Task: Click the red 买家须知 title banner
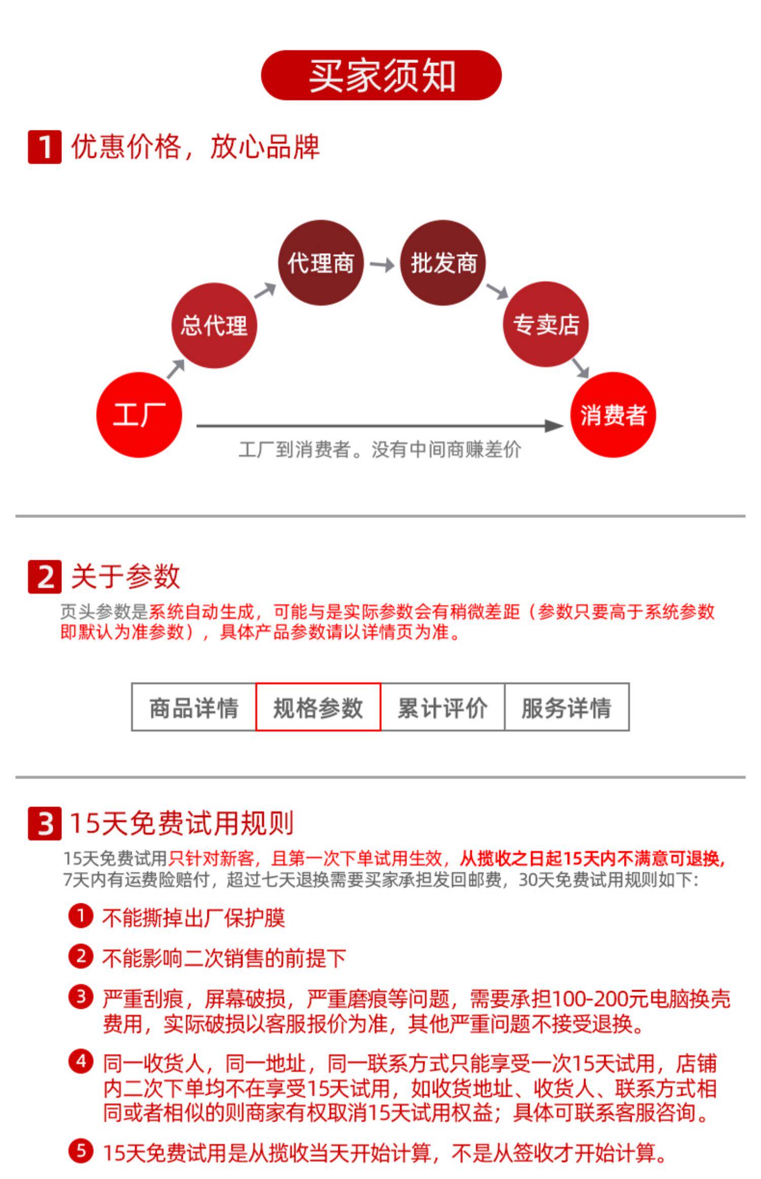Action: coord(381,75)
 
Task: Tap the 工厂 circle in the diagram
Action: coord(139,415)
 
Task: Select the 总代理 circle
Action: coord(214,325)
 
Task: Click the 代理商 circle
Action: coord(321,263)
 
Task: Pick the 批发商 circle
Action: coord(443,263)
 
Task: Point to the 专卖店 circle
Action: coord(546,324)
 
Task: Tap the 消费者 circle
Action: coord(613,415)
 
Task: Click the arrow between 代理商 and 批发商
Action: coord(382,265)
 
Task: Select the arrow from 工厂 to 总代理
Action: coord(176,369)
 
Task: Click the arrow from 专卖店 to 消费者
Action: coord(580,368)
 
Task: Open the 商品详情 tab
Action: coord(194,707)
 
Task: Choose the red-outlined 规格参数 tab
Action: coord(318,707)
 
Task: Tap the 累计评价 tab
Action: coord(442,707)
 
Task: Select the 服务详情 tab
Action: coord(567,707)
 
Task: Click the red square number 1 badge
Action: coord(45,147)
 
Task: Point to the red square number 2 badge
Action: coord(45,576)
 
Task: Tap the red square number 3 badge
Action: coord(45,824)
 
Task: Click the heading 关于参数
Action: coord(125,576)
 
